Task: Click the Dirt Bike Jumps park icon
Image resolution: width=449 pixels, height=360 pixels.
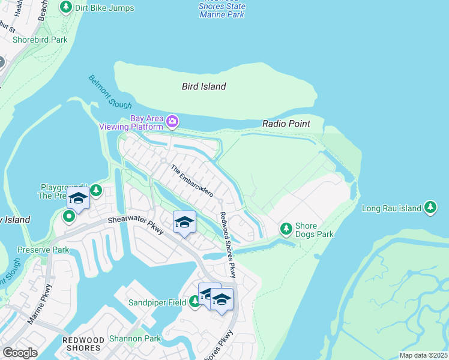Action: [65, 8]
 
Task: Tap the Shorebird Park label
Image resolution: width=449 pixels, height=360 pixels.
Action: [40, 40]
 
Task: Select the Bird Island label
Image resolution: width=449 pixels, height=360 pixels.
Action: [204, 86]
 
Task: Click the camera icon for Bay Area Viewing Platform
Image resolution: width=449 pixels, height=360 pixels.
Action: [172, 122]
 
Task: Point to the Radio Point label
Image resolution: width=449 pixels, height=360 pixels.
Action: [286, 124]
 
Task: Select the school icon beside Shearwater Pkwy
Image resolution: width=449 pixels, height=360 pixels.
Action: [185, 222]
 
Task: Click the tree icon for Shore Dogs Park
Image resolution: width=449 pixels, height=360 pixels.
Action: [286, 229]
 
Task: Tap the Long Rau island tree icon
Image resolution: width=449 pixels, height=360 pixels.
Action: [430, 208]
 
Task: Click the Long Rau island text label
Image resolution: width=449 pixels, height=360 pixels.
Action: [392, 209]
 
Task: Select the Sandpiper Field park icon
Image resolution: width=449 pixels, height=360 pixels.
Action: [194, 302]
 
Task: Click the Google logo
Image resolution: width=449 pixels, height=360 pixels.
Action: [20, 352]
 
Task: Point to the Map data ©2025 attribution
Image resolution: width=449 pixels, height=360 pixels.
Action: [423, 355]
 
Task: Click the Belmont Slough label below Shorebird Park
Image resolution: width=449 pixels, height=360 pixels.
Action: [110, 92]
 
